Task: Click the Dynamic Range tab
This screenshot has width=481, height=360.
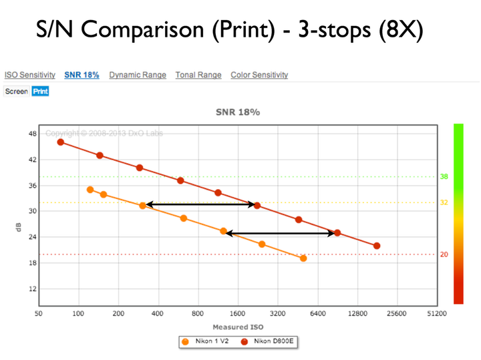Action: pyautogui.click(x=138, y=75)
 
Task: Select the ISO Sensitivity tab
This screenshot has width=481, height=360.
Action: pyautogui.click(x=30, y=75)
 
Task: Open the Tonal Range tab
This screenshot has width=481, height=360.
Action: pyautogui.click(x=198, y=75)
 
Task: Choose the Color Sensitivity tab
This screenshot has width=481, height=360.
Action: pyautogui.click(x=259, y=75)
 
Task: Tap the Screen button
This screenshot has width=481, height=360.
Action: pyautogui.click(x=17, y=91)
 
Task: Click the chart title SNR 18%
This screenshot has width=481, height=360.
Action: pyautogui.click(x=237, y=112)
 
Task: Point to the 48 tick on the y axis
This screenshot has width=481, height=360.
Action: pyautogui.click(x=32, y=134)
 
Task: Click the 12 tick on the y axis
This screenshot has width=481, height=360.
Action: pyautogui.click(x=32, y=289)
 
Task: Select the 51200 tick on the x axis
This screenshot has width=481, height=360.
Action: pyautogui.click(x=436, y=313)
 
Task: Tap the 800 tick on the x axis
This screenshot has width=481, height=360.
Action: pyautogui.click(x=198, y=313)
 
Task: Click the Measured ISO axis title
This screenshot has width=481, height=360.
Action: pyautogui.click(x=238, y=327)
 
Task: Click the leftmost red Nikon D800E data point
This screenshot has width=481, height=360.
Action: pyautogui.click(x=61, y=142)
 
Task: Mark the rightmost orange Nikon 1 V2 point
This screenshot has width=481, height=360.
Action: pyautogui.click(x=303, y=258)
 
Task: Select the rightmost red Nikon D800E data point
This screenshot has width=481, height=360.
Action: pyautogui.click(x=377, y=246)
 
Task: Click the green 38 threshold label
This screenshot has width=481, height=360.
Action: pyautogui.click(x=444, y=177)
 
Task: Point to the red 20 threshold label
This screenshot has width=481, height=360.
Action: pyautogui.click(x=444, y=254)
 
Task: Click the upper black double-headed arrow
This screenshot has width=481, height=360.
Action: pyautogui.click(x=200, y=204)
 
